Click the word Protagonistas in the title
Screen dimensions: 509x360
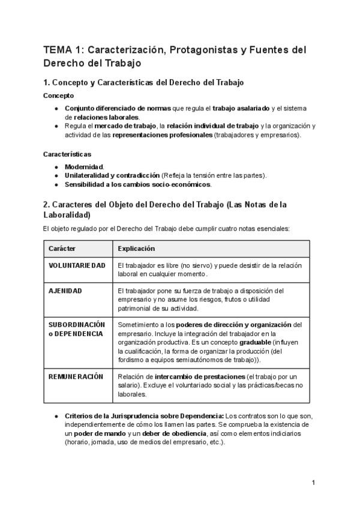click(x=194, y=50)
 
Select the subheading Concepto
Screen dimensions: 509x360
click(x=59, y=95)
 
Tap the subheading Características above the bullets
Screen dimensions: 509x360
click(x=67, y=154)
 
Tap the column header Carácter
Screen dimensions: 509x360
click(x=62, y=248)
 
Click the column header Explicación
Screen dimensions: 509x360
click(x=136, y=248)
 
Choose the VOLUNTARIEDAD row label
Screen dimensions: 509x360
click(x=77, y=265)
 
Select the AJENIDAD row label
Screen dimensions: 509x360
click(x=65, y=291)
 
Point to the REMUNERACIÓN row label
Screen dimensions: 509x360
click(x=76, y=376)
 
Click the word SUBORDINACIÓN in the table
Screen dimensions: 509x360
click(x=76, y=325)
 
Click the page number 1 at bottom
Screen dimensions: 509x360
click(x=313, y=483)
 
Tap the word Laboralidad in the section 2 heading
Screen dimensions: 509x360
click(x=67, y=214)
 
